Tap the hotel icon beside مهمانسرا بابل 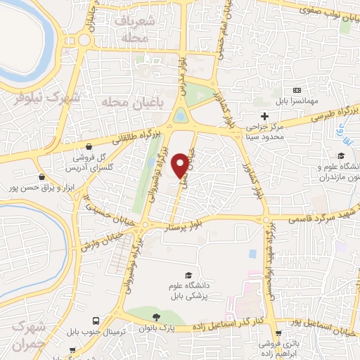tap(297, 90)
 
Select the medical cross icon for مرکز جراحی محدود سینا tap(264, 116)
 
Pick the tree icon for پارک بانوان tap(157, 316)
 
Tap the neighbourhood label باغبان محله tap(126, 103)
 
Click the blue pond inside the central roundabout tap(181, 114)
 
